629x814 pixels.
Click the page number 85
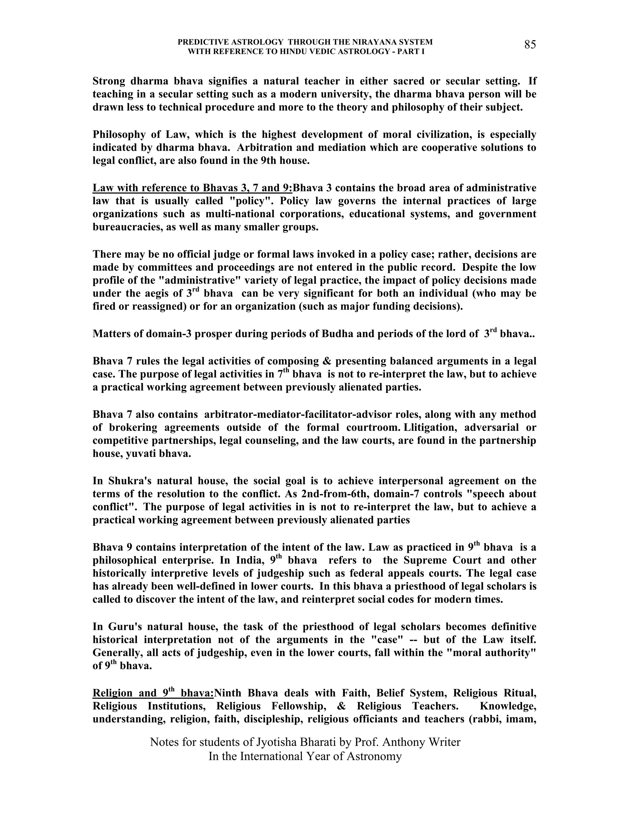pyautogui.click(x=530, y=45)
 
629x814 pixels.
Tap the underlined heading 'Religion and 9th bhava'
pyautogui.click(x=153, y=693)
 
